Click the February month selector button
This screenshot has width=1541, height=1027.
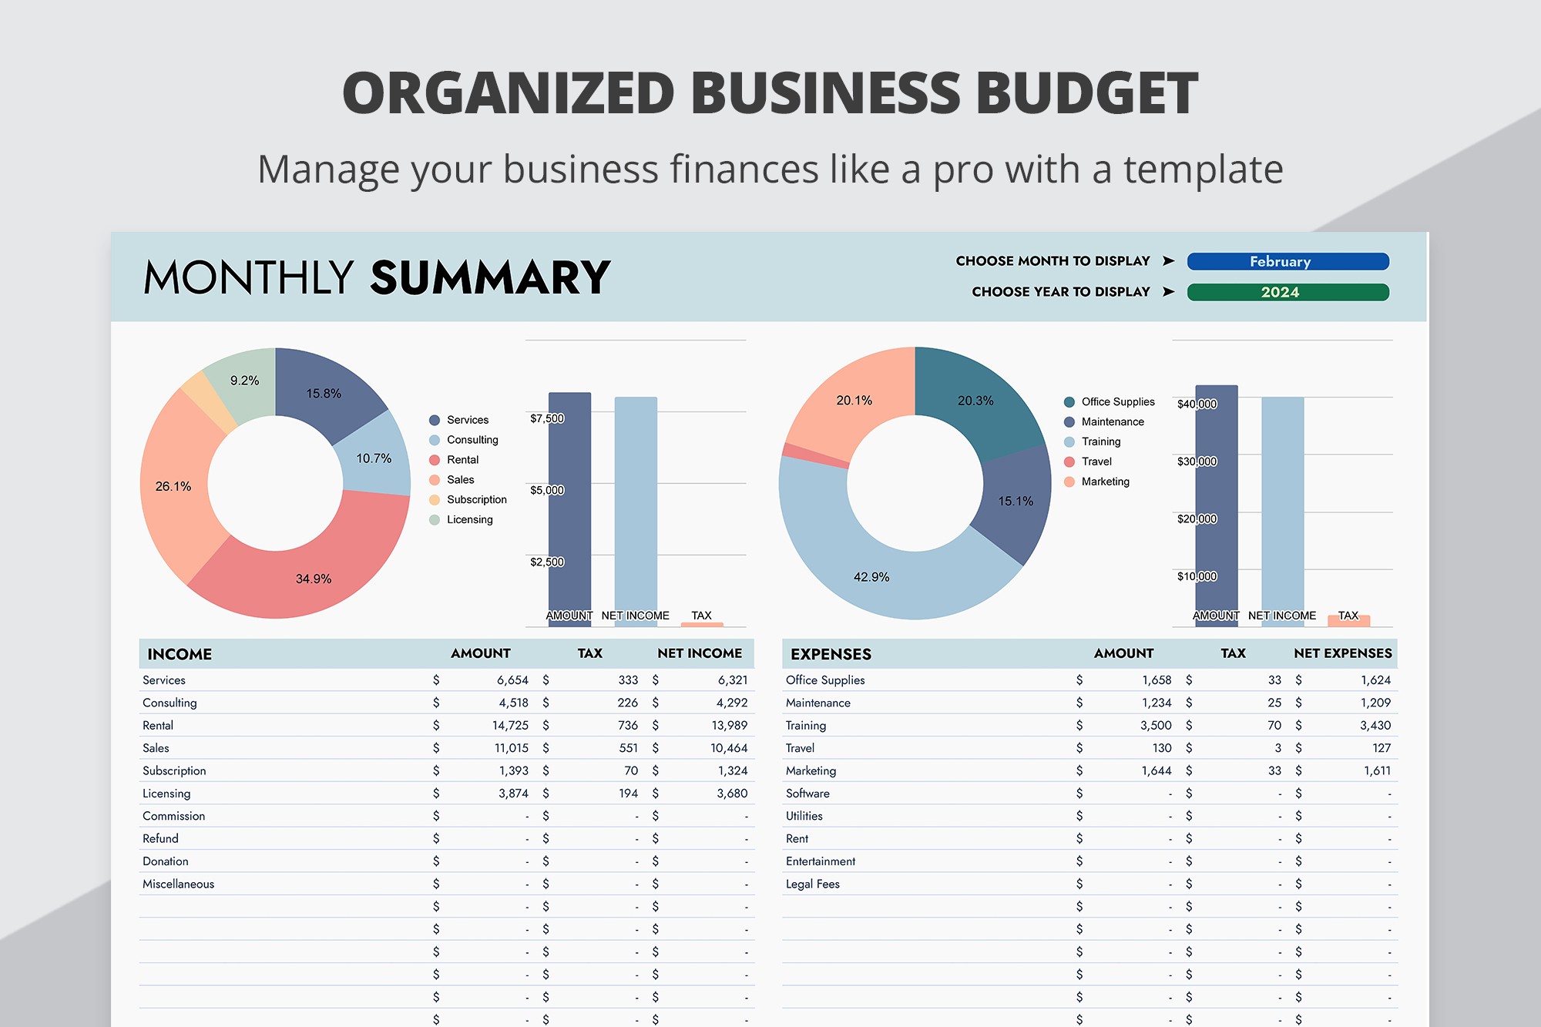[x=1288, y=261]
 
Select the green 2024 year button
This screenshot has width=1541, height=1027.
[x=1288, y=292]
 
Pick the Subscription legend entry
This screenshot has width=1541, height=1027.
[x=476, y=499]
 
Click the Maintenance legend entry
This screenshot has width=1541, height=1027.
[x=1112, y=421]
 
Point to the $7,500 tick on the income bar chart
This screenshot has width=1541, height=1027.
[x=547, y=418]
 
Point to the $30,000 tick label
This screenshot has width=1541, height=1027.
[x=1197, y=461]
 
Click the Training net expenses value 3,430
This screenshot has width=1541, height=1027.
[x=1375, y=725]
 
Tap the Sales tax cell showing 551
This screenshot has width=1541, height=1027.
[x=628, y=747]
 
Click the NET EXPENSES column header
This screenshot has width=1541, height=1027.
[x=1342, y=653]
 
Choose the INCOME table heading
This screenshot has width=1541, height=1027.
[x=180, y=654]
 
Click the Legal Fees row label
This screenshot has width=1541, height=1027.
[x=812, y=884]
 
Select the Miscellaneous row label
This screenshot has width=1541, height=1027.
[x=178, y=884]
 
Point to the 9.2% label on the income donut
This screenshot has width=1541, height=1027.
[x=244, y=381]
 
